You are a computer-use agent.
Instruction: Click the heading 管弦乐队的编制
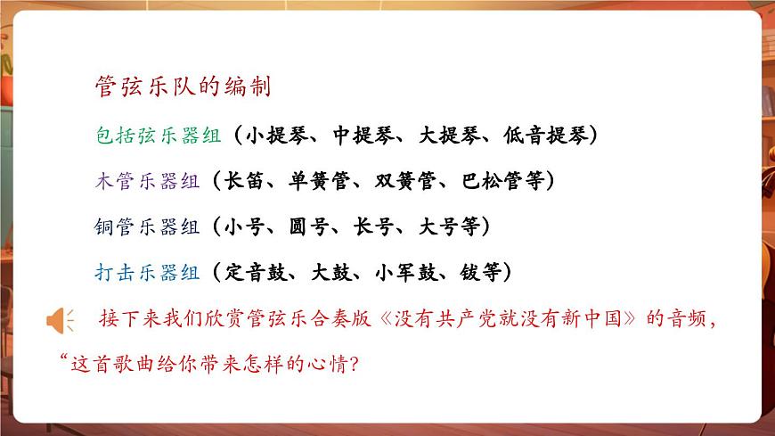tap(183, 87)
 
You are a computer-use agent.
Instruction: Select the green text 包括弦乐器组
tap(147, 136)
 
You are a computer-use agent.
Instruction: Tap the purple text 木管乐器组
tap(147, 181)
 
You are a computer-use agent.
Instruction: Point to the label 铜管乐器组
tap(147, 226)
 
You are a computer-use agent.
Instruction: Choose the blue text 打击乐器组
tap(147, 272)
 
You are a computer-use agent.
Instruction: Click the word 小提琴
tap(277, 136)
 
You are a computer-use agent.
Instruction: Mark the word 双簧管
tap(405, 181)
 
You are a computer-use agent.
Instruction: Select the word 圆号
tap(319, 226)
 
